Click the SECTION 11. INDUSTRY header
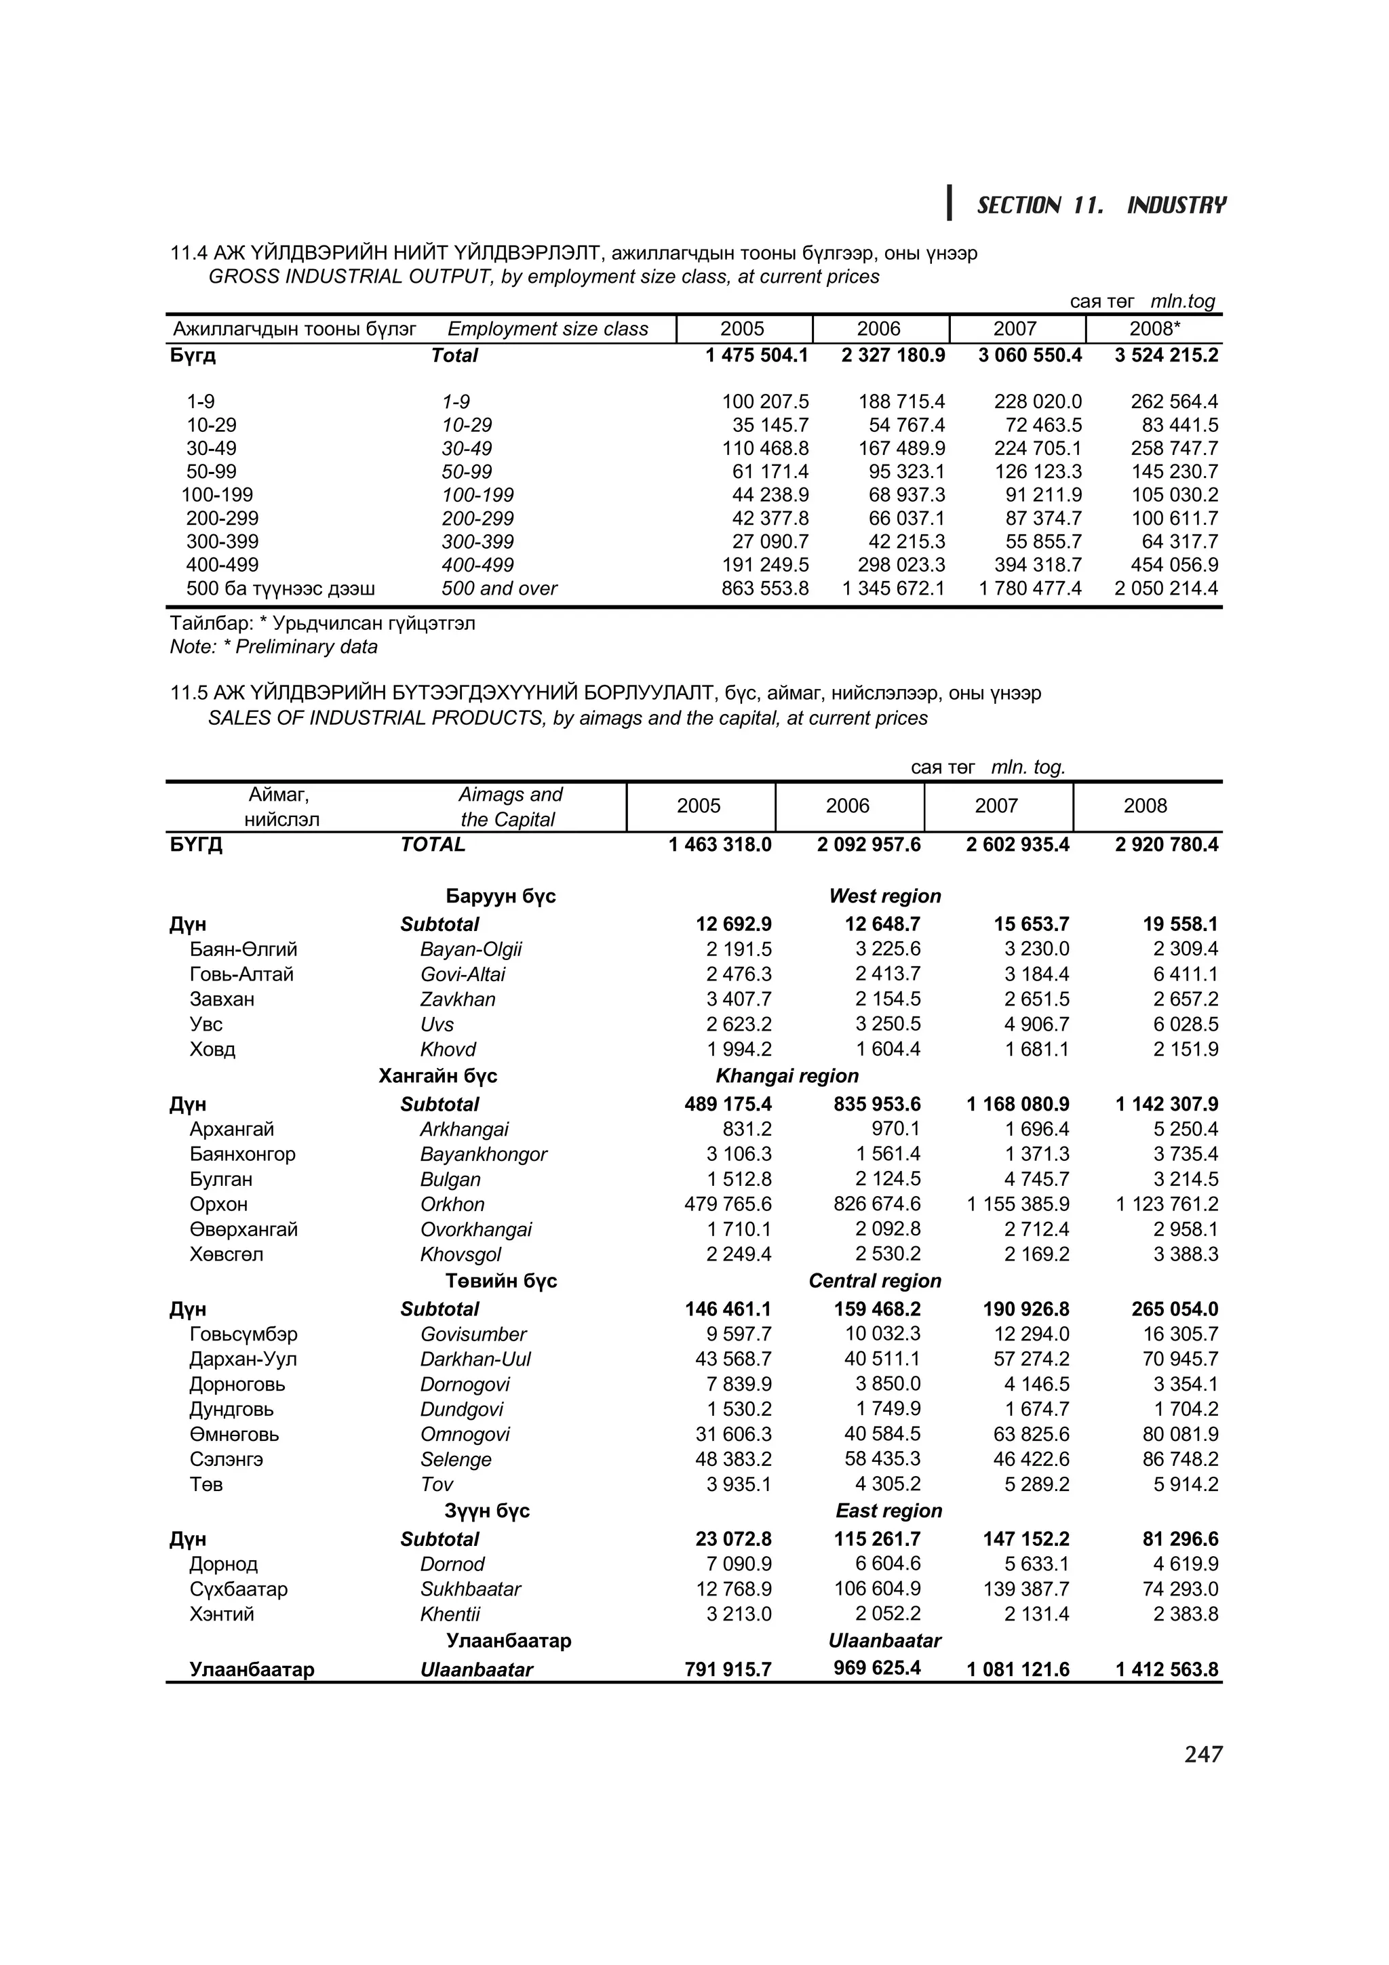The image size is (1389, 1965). point(1101,205)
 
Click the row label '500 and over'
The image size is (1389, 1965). point(499,589)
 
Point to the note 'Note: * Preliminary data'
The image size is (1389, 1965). point(274,647)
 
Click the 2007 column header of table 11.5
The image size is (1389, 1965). point(996,806)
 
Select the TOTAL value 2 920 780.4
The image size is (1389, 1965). point(1167,845)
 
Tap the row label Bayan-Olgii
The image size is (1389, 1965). point(471,949)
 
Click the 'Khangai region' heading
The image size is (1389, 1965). point(787,1076)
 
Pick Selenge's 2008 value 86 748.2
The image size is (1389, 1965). point(1179,1459)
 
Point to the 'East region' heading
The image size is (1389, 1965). point(888,1511)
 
